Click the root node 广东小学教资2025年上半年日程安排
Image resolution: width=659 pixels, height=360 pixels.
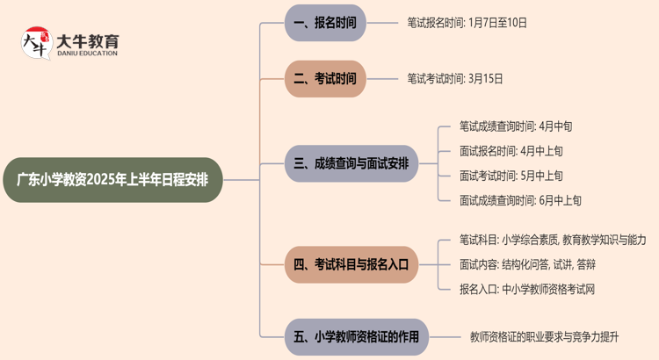pyautogui.click(x=119, y=180)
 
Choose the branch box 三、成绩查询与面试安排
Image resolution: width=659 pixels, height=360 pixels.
pyautogui.click(x=351, y=162)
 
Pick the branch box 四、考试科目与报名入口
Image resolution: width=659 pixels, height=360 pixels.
pyautogui.click(x=351, y=263)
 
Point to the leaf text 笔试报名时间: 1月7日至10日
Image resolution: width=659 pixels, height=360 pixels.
pyautogui.click(x=467, y=23)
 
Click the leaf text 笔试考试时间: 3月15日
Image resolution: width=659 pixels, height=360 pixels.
pyautogui.click(x=455, y=78)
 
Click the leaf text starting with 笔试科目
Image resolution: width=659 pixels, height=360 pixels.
pyautogui.click(x=553, y=239)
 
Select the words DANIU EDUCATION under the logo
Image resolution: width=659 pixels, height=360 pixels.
pyautogui.click(x=87, y=54)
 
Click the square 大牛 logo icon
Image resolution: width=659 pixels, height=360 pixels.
pyautogui.click(x=37, y=44)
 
